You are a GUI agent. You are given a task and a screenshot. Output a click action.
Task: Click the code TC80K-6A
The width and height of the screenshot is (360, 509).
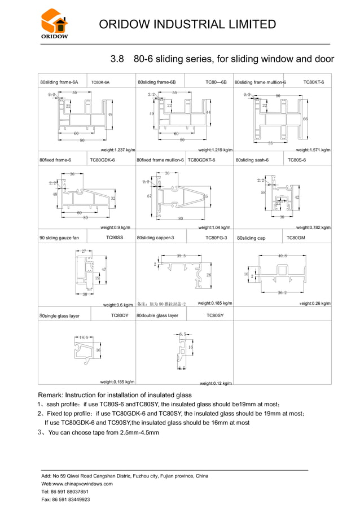pos(100,82)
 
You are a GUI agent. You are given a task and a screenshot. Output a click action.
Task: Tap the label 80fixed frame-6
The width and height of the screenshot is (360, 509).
pos(55,160)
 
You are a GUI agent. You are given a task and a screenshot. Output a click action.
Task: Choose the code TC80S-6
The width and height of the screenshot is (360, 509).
pos(297,160)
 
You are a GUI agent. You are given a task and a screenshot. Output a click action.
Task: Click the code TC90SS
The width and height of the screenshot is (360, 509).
pos(115,238)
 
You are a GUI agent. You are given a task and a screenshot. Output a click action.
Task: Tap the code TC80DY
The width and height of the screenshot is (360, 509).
pos(120,315)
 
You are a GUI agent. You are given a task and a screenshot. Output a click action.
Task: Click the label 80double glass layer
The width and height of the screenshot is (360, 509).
pos(157,315)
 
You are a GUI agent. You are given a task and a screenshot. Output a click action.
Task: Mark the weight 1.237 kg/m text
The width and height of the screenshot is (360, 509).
pos(118,150)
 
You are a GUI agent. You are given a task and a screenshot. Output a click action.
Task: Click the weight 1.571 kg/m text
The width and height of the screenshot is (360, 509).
pos(313,150)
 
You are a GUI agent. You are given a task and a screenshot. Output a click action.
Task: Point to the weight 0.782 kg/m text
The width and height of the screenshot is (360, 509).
pos(313,227)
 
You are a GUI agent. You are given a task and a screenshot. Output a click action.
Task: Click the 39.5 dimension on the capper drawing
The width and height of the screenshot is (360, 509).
pos(181,256)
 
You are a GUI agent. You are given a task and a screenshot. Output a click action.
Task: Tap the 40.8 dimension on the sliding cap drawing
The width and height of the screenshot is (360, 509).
pos(282,256)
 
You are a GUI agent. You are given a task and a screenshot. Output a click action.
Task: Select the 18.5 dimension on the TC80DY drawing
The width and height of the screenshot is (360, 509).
pos(84,337)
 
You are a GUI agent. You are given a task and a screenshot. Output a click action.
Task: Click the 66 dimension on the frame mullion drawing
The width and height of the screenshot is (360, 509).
pos(305,119)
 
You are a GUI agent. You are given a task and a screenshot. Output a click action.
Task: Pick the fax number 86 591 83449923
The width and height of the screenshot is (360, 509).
pos(71,499)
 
